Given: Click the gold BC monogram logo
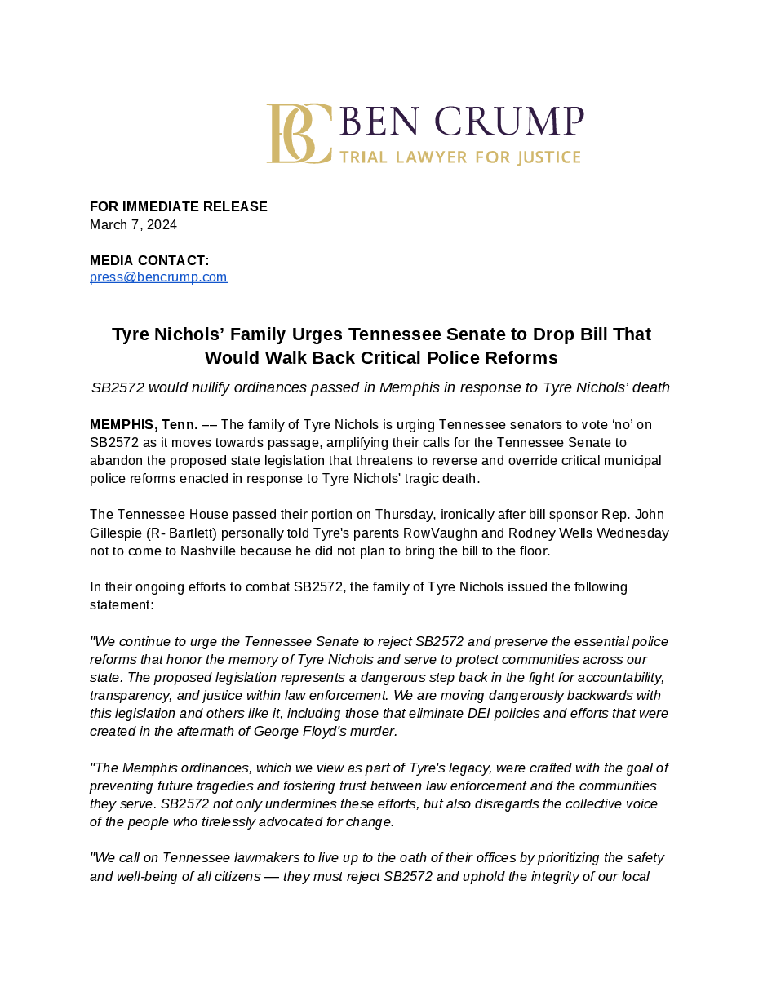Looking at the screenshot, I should tap(299, 134).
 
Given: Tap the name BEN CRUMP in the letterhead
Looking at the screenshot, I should tap(461, 122).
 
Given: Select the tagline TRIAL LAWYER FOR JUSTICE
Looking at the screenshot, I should tap(460, 157).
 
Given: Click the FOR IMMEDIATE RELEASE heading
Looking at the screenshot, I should tap(178, 206).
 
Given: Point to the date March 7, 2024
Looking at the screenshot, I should tap(133, 224).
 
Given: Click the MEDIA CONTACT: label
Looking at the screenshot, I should tap(149, 260).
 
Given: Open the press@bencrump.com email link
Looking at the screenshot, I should tap(158, 277).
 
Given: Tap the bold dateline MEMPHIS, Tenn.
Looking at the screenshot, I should tap(144, 424).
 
